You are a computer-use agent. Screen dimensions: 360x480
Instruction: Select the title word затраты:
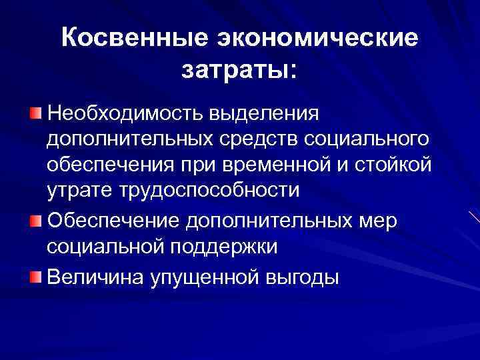tap(239, 69)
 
